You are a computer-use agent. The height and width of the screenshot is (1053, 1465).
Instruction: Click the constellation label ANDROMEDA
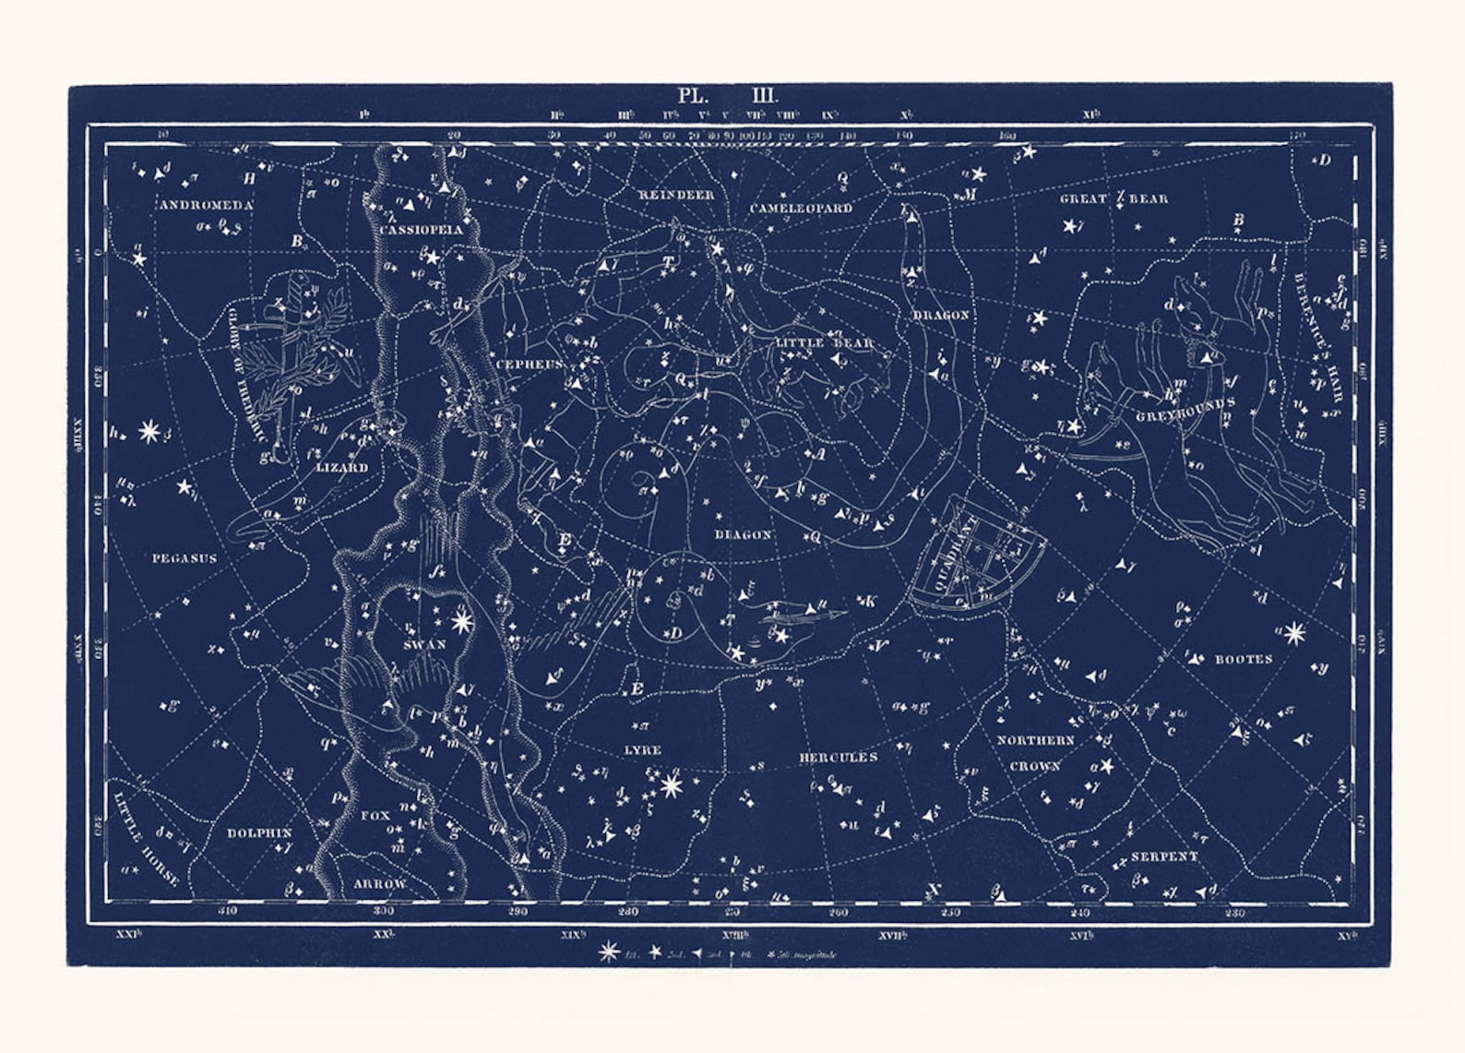(x=205, y=205)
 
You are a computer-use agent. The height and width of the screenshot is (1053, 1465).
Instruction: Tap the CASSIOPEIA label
(x=421, y=230)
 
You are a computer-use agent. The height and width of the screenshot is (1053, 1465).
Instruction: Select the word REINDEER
(x=676, y=196)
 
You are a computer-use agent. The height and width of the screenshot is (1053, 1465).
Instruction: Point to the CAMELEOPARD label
(x=800, y=209)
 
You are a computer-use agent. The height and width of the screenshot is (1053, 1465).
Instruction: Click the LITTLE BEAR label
(x=824, y=343)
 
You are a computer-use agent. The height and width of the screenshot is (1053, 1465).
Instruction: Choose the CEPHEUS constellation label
(x=530, y=365)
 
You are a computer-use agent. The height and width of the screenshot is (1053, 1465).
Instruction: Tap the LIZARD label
(x=342, y=468)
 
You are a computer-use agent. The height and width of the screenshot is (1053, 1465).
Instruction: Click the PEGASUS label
(x=185, y=558)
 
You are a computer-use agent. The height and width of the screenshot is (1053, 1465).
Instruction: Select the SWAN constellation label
(x=424, y=644)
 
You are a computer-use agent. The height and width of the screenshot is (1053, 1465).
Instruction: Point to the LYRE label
(x=642, y=750)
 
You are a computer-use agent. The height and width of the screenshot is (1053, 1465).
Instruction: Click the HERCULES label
(x=838, y=758)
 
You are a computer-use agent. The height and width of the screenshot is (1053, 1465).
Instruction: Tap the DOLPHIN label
(x=259, y=832)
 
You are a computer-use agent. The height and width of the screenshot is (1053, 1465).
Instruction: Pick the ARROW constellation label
(x=380, y=884)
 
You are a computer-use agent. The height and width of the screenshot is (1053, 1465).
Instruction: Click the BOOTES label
(x=1243, y=659)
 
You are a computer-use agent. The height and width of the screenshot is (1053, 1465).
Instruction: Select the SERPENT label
(x=1164, y=856)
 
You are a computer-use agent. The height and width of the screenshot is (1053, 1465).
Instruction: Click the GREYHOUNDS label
(x=1185, y=411)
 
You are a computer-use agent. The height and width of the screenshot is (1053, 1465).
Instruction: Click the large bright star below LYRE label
(x=671, y=786)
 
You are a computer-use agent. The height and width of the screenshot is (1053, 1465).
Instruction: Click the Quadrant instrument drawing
(x=979, y=555)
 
